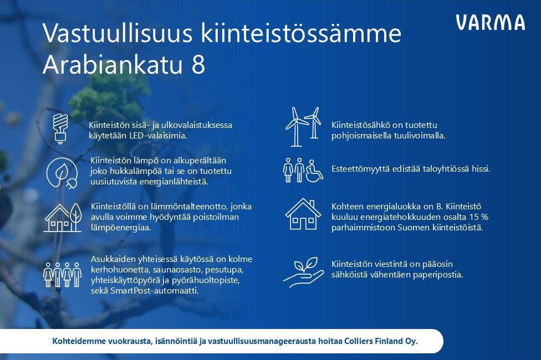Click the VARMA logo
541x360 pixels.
[x=490, y=22]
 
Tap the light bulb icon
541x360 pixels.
[x=60, y=128]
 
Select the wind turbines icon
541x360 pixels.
[x=303, y=126]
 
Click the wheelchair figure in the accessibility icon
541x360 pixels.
[x=314, y=170]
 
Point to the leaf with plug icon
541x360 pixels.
[x=62, y=173]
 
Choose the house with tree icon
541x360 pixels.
[x=63, y=217]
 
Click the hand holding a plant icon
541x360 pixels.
[x=304, y=272]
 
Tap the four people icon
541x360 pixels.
[x=63, y=275]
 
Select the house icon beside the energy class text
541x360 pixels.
[x=303, y=214]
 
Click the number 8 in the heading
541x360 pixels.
[x=198, y=64]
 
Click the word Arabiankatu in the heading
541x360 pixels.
[x=112, y=64]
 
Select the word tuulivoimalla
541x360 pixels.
[x=417, y=136]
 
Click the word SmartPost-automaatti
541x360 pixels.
[x=154, y=291]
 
